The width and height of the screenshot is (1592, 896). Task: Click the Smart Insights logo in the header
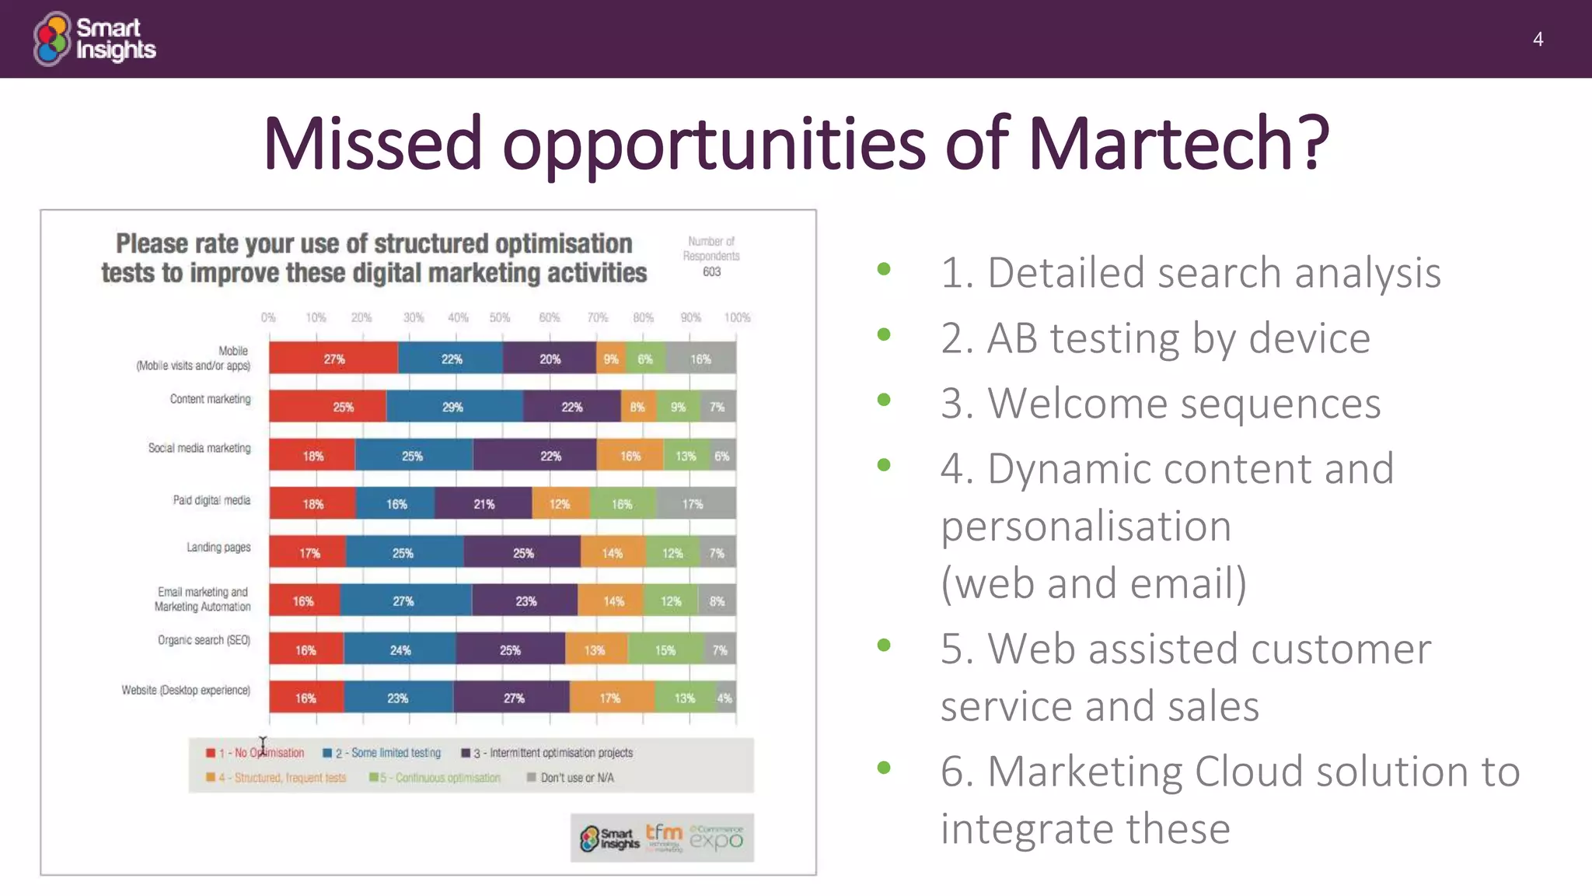(94, 39)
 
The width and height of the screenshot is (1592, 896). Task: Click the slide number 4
(1538, 40)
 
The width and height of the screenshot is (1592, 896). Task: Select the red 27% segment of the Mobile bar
(333, 359)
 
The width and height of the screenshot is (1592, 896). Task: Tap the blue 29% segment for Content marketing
(454, 407)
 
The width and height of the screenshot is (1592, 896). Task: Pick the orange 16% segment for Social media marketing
(630, 456)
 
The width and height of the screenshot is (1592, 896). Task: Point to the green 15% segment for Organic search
(665, 649)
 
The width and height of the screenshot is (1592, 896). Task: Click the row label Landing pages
(218, 548)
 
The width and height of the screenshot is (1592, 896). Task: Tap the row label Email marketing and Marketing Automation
(202, 599)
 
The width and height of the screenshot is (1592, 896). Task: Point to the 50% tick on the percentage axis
(500, 317)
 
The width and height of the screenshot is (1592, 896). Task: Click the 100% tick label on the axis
(737, 317)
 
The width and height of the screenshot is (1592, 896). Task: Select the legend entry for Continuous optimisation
(440, 778)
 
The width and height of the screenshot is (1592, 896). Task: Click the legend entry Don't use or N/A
(576, 778)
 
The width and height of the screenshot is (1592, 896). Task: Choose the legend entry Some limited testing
(387, 753)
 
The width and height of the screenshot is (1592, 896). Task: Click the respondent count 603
(711, 271)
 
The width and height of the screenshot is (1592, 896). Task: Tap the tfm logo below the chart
(664, 836)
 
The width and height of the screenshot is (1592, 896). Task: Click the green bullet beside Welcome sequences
(884, 400)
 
